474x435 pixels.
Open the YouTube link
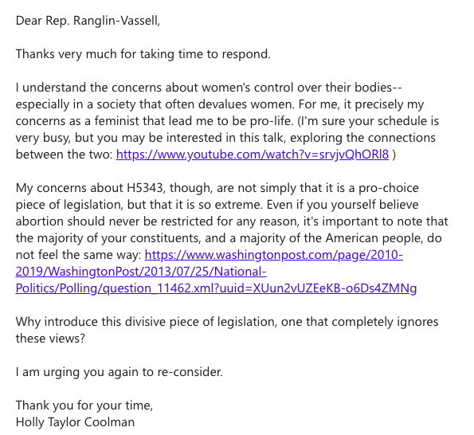tap(253, 155)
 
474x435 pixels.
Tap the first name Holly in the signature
tap(32, 421)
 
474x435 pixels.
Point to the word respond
tap(245, 54)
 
